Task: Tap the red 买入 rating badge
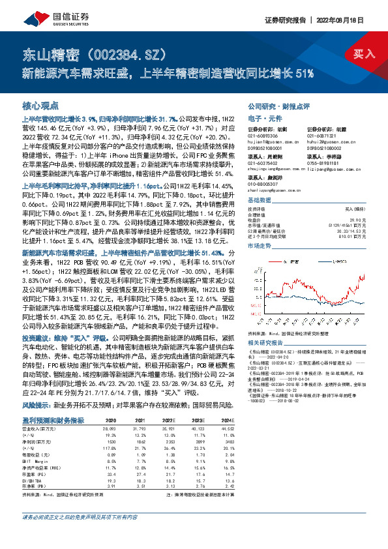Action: click(362, 54)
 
